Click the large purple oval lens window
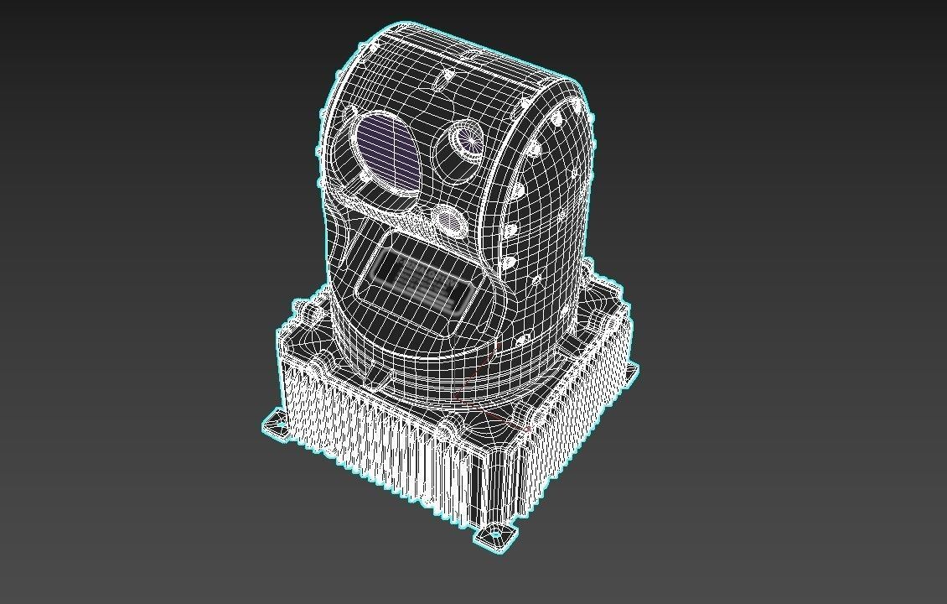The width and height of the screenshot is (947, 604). click(x=387, y=154)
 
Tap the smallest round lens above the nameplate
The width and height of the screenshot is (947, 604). click(x=449, y=221)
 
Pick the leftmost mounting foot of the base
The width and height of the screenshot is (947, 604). click(x=275, y=423)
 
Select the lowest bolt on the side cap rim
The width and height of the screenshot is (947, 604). click(x=523, y=341)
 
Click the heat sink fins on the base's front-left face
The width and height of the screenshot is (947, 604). click(x=377, y=445)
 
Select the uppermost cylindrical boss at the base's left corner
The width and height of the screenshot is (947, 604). click(x=311, y=313)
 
